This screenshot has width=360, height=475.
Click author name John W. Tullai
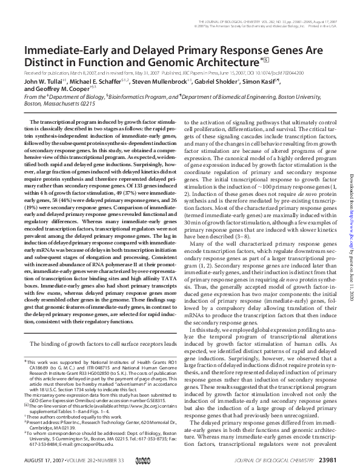pyautogui.click(x=44, y=81)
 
